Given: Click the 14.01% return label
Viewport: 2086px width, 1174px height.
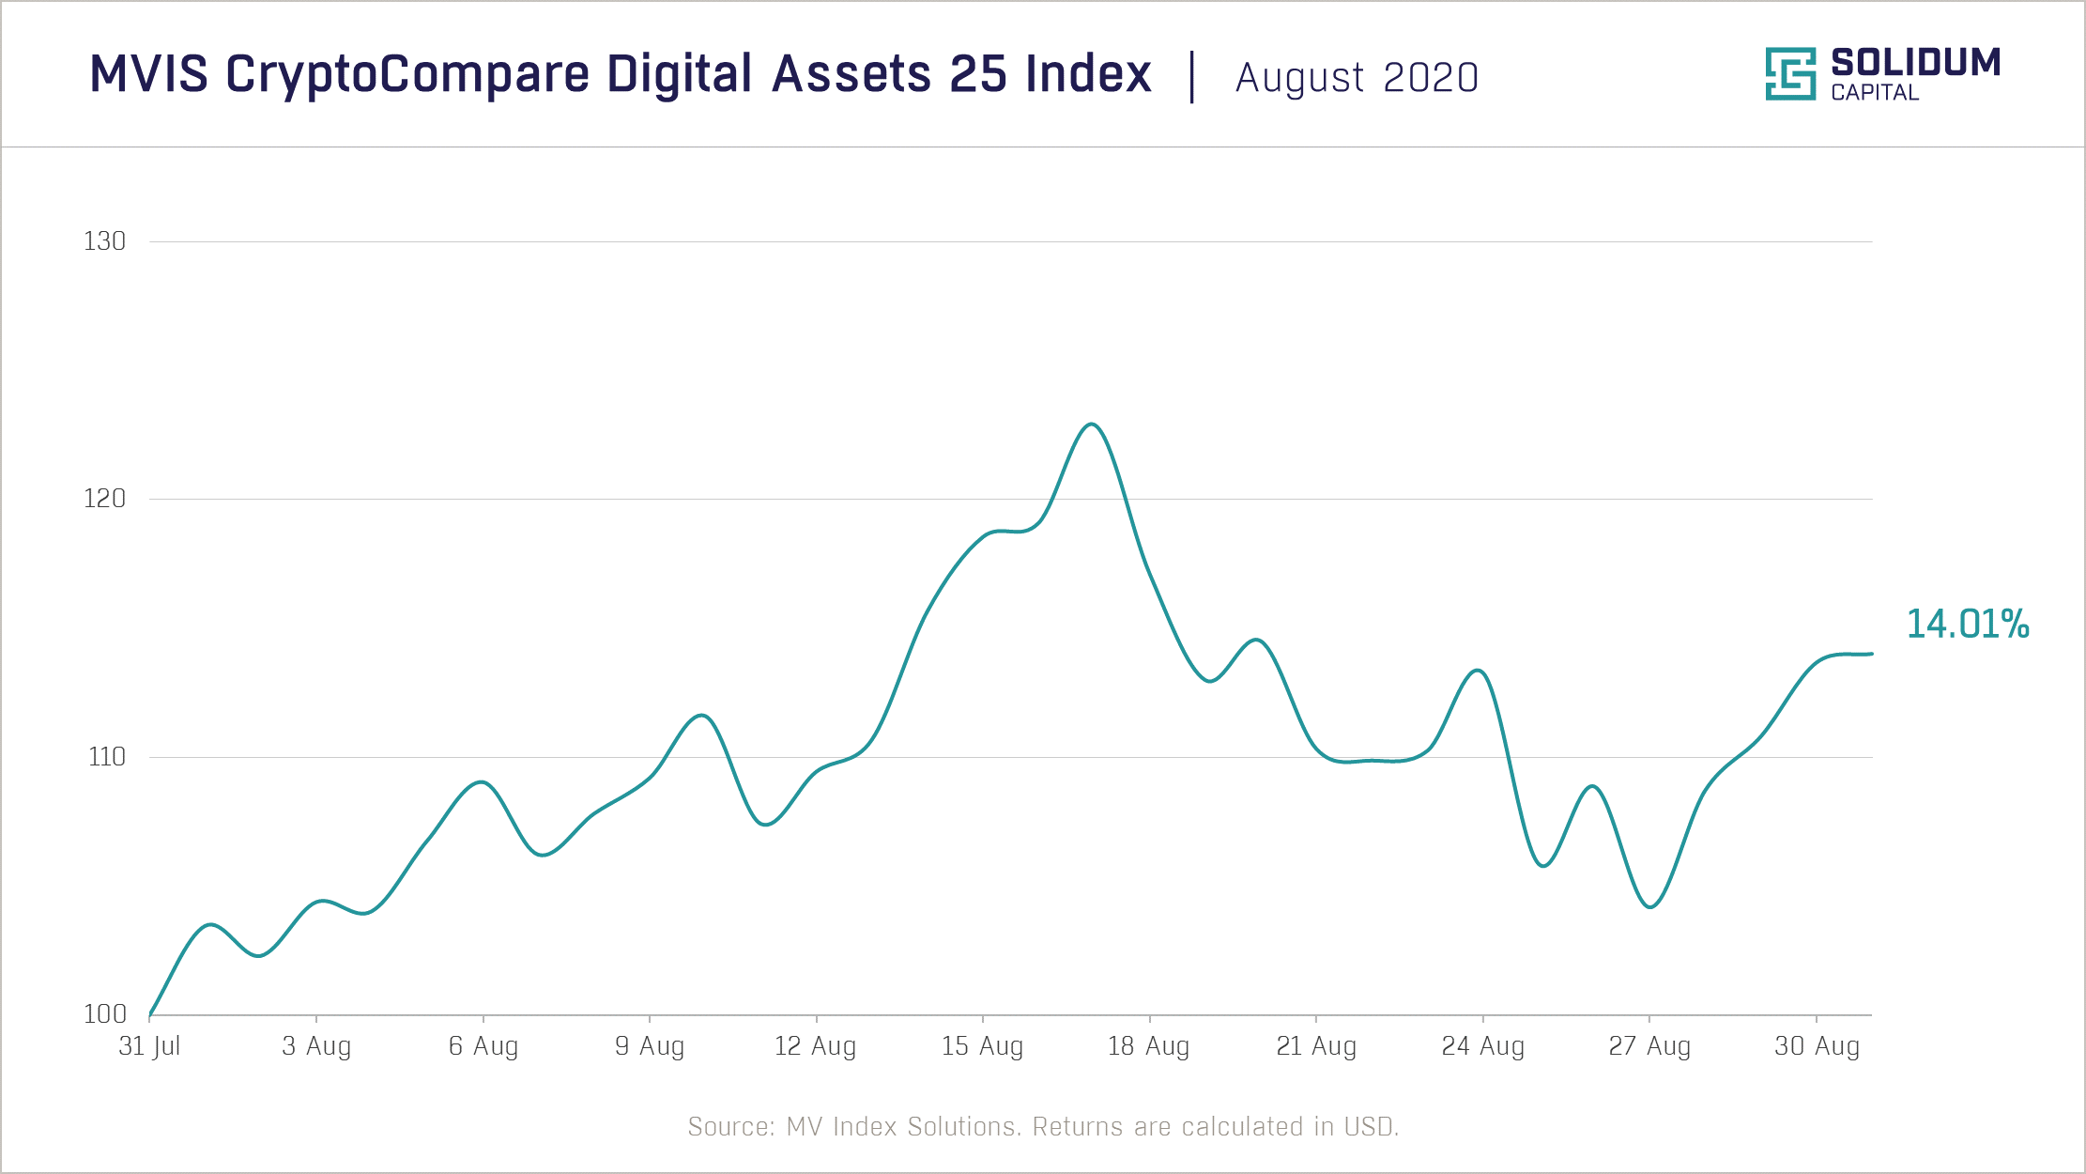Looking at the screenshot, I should (x=1968, y=625).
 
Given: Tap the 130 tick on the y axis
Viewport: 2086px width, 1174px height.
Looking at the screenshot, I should (x=104, y=241).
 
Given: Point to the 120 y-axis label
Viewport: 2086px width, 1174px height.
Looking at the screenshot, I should (x=104, y=499).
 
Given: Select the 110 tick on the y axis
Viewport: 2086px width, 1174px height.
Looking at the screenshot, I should (x=106, y=757).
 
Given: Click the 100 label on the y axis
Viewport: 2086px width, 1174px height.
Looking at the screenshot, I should (x=104, y=1014).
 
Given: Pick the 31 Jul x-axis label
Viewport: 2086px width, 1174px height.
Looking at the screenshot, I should (x=149, y=1046).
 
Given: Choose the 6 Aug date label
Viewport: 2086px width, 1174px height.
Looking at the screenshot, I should (x=483, y=1046).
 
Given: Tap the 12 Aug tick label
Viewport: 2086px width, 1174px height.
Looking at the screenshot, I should (x=815, y=1046).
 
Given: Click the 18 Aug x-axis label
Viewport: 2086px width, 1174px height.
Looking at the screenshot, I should (x=1148, y=1046).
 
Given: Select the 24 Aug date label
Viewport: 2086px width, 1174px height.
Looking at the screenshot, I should (x=1482, y=1046).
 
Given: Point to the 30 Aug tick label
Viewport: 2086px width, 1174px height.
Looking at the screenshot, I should (x=1817, y=1046).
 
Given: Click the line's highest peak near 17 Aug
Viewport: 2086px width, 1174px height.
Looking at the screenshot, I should (x=1091, y=425).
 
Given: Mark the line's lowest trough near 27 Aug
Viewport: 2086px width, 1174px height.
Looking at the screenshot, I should (x=1650, y=907).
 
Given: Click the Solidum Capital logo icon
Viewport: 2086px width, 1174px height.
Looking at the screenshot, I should (x=1790, y=73).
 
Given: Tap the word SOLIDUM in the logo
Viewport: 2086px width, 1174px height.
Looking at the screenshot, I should (x=1915, y=63).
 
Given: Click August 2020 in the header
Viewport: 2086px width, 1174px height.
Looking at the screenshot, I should (x=1357, y=78).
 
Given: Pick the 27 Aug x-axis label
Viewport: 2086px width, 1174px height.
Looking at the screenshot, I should (x=1649, y=1046).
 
